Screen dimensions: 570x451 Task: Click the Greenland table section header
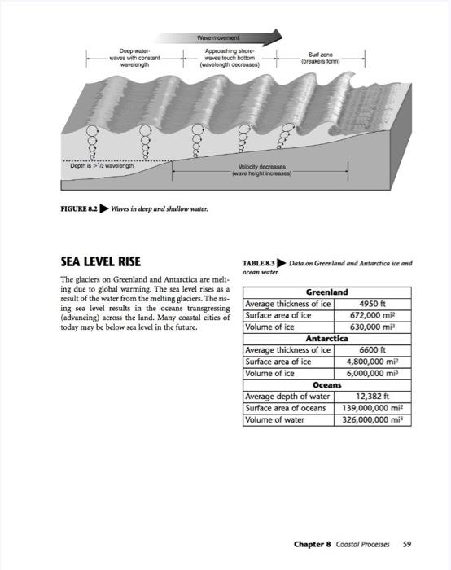click(x=326, y=292)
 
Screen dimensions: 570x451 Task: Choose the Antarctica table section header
click(x=326, y=338)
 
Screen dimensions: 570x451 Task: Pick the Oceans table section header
click(x=326, y=384)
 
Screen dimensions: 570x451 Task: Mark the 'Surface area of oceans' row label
click(x=285, y=408)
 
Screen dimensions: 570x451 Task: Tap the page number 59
click(x=407, y=543)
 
